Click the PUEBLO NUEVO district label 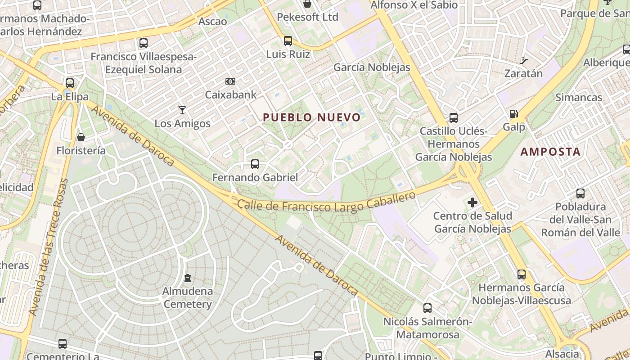(311, 117)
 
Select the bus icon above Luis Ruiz (288, 41)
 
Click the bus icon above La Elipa (69, 83)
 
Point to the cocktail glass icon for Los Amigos (182, 110)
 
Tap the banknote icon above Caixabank (230, 81)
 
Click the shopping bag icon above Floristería (81, 137)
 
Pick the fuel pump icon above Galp (513, 114)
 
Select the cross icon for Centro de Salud (472, 202)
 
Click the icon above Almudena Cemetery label (188, 278)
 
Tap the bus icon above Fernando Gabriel (255, 164)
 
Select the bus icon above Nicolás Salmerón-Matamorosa (427, 308)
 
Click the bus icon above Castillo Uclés (454, 118)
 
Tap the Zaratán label (523, 73)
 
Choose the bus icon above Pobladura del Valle (580, 193)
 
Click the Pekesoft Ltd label (307, 17)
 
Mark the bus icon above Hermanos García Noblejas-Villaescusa (522, 274)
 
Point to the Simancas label (579, 97)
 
